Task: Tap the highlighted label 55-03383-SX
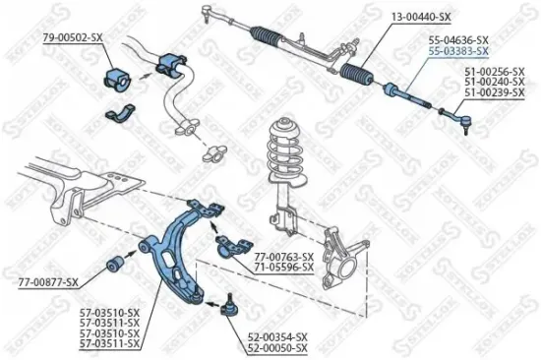coord(457,49)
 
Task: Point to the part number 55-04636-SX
coord(457,39)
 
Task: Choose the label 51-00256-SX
coord(494,72)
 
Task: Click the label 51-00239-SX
coord(494,91)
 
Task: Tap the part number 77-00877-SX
coord(47,283)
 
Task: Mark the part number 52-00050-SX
coord(276,347)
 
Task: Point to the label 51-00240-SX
coord(494,82)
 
